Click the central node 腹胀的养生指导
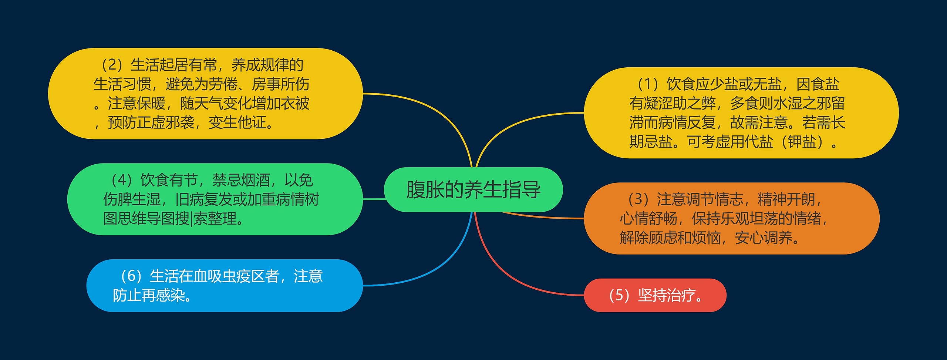(x=473, y=189)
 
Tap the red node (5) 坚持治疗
(x=655, y=295)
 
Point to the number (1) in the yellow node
(x=647, y=84)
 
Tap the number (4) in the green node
(x=122, y=180)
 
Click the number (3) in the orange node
(x=638, y=199)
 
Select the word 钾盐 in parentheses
(x=802, y=142)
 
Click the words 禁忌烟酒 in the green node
(x=241, y=180)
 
